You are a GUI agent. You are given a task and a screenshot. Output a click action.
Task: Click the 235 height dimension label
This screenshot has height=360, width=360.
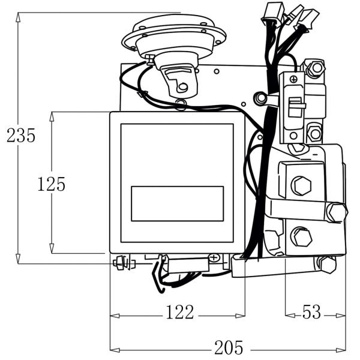click(21, 136)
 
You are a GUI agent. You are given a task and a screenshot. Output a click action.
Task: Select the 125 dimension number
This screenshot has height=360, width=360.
click(51, 184)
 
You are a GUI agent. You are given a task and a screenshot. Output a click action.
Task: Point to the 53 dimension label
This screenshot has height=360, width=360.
click(311, 313)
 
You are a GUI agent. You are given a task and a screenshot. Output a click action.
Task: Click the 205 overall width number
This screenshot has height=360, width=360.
click(229, 347)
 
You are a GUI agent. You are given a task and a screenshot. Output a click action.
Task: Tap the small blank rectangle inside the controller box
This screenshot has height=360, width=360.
click(177, 203)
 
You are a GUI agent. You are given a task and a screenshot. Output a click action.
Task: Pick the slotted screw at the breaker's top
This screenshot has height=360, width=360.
click(293, 79)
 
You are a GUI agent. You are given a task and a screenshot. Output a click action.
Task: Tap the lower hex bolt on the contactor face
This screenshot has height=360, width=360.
click(301, 237)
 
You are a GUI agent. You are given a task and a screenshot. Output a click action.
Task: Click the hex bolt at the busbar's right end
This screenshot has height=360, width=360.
click(337, 212)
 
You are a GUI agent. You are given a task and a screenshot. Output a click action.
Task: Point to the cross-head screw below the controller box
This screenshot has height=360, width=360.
click(214, 258)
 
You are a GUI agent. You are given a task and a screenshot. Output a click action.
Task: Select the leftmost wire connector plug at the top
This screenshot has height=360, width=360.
click(268, 13)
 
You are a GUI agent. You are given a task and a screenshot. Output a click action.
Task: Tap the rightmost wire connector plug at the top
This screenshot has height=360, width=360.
click(309, 18)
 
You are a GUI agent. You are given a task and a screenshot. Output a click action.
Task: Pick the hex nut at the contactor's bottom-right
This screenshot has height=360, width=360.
click(327, 263)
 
